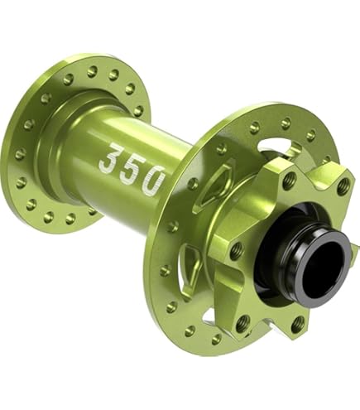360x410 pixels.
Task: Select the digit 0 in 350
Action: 152,181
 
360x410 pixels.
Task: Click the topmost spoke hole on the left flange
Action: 93,71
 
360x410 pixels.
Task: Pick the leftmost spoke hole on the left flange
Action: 20,153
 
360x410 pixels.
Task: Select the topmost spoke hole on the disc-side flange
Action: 286,123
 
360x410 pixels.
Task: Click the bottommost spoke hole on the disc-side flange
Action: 217,340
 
